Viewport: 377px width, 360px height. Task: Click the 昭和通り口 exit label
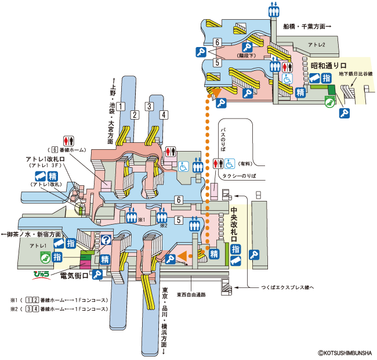pos(328,66)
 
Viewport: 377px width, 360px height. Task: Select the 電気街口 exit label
pos(74,275)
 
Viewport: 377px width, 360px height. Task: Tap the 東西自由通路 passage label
pos(191,294)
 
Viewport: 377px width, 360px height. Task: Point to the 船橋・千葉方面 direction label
pos(307,26)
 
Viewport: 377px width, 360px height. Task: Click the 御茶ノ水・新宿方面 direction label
pos(30,233)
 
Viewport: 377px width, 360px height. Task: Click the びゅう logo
pos(42,271)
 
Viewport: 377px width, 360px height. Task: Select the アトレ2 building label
pos(317,44)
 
